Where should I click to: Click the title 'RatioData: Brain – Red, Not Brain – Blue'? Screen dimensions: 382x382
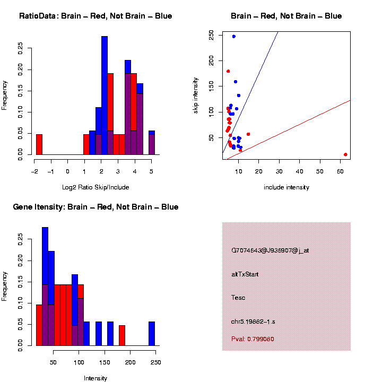pyautogui.click(x=95, y=16)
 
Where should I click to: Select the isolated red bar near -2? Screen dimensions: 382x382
pyautogui.click(x=39, y=144)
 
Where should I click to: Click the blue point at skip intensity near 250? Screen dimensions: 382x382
pyautogui.click(x=233, y=37)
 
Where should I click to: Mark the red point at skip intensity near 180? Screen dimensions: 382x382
pyautogui.click(x=228, y=71)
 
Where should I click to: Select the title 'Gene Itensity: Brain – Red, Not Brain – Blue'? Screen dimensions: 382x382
pyautogui.click(x=95, y=207)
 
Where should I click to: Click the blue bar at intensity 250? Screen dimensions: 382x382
pyautogui.click(x=152, y=334)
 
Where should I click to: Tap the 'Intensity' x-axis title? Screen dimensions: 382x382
pyautogui.click(x=95, y=378)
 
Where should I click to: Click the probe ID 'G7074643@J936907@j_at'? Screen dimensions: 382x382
pyautogui.click(x=270, y=250)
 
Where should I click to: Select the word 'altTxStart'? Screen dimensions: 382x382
pyautogui.click(x=245, y=274)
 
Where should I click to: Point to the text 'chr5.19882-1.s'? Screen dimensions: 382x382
pyautogui.click(x=253, y=322)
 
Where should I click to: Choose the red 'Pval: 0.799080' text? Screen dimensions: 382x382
pyautogui.click(x=253, y=339)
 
